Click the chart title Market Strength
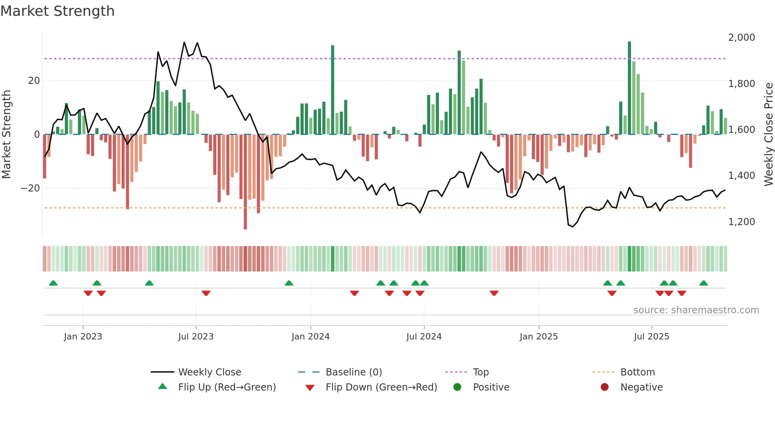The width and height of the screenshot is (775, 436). click(x=57, y=11)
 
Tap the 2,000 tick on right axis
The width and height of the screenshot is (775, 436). click(x=741, y=38)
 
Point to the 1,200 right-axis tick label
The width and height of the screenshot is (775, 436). click(x=741, y=222)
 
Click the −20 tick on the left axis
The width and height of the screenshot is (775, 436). click(x=30, y=188)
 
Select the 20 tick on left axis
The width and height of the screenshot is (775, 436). click(x=34, y=81)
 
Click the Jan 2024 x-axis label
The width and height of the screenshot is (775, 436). click(x=310, y=337)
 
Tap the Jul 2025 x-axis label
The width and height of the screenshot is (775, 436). click(x=651, y=337)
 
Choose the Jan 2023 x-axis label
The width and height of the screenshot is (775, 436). click(x=83, y=337)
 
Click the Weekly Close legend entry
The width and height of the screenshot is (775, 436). click(x=210, y=372)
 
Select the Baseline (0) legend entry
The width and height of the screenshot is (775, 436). click(x=353, y=372)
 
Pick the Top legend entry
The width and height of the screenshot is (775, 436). click(x=481, y=372)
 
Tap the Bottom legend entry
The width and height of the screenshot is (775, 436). click(x=637, y=372)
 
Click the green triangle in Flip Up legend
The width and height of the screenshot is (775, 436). click(x=163, y=387)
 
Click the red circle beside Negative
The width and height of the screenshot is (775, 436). click(x=605, y=387)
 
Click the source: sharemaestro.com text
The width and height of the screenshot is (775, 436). click(x=696, y=310)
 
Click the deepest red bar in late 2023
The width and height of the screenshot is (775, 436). click(x=245, y=182)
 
